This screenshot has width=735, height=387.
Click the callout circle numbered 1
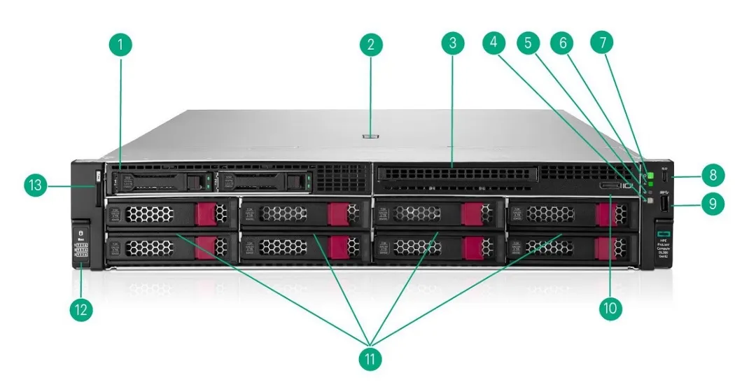(121, 45)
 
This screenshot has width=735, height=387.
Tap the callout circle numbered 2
(371, 45)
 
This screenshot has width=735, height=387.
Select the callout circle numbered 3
(453, 43)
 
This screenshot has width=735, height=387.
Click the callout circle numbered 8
(712, 174)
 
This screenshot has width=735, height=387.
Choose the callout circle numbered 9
(712, 204)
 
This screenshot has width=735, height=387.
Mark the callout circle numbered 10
(608, 309)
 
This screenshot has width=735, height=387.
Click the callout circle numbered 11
(370, 359)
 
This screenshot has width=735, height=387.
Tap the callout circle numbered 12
(81, 309)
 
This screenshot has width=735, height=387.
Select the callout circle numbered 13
(34, 185)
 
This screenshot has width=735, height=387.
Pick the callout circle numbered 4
(494, 42)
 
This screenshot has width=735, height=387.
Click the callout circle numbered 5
(528, 42)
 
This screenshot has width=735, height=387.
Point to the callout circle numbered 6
(561, 42)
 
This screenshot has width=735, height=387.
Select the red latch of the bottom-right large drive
(606, 247)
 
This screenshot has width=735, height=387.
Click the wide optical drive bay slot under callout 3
(455, 172)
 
